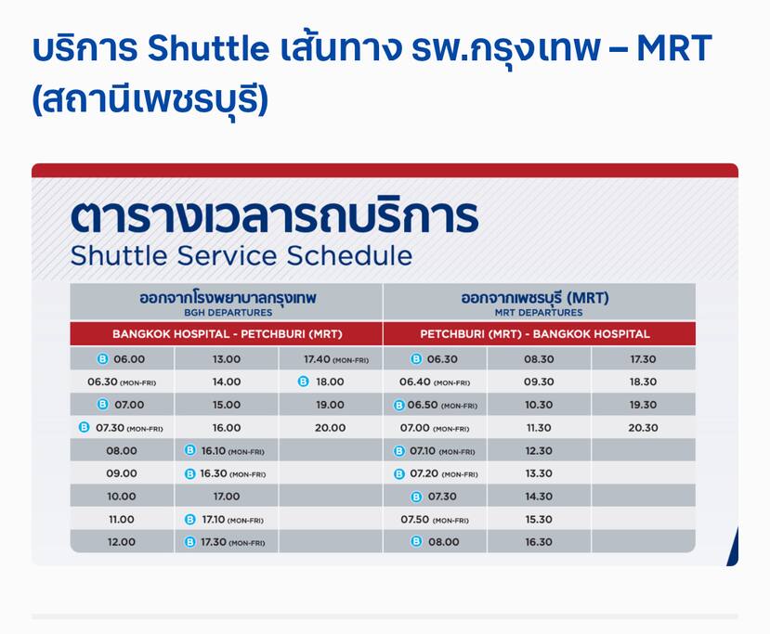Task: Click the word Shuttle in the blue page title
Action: coord(208,48)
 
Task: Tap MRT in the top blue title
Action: coord(673,48)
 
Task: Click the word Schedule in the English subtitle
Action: coord(349,255)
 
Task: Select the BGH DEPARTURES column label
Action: coord(228,313)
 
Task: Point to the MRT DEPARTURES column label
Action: coord(539,313)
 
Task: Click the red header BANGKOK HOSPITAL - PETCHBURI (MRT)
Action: coord(227,334)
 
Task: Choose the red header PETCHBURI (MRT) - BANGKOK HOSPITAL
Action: coord(535,334)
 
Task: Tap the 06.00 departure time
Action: coord(129,359)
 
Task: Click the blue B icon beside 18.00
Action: coord(304,382)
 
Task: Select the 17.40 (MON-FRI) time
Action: coord(336,359)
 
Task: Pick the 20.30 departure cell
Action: coord(643,428)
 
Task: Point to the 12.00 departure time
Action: coord(122,542)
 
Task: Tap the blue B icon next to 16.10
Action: coord(189,450)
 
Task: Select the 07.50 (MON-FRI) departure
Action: coord(435,520)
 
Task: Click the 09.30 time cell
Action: coord(539,382)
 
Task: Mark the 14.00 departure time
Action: coord(227,382)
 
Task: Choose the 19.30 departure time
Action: coord(643,405)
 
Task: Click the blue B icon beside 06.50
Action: coord(399,406)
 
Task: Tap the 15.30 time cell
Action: coord(539,519)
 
